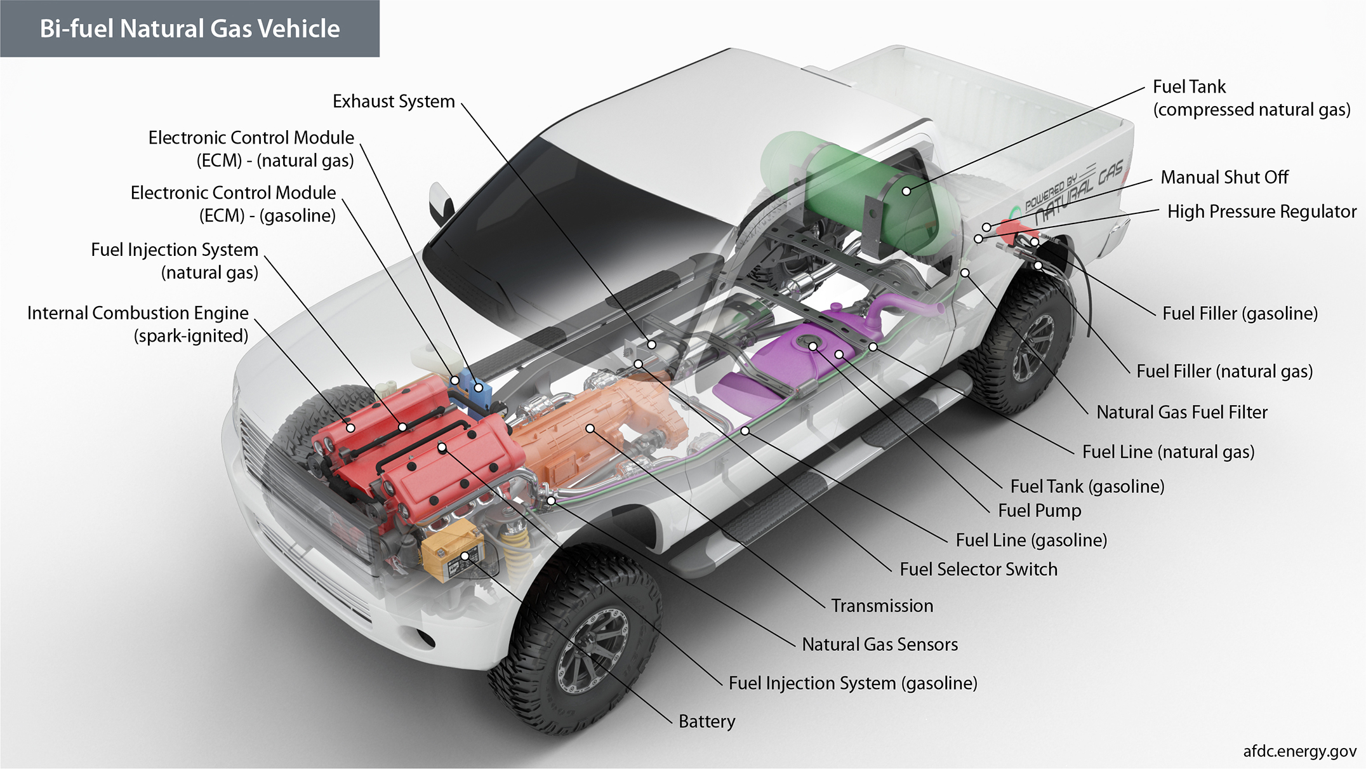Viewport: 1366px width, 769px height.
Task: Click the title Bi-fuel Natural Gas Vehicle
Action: coord(189,29)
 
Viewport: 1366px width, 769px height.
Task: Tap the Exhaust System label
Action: coord(394,102)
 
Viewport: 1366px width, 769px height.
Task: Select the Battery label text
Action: coord(706,721)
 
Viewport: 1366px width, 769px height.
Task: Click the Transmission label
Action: coord(882,606)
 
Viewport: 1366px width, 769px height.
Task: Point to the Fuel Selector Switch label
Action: coord(978,569)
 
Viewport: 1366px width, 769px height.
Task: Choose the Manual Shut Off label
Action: coord(1224,177)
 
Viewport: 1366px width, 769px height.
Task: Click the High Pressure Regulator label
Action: coord(1261,211)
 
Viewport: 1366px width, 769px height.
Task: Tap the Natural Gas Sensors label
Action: coord(879,645)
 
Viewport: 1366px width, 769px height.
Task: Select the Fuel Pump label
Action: coord(1039,511)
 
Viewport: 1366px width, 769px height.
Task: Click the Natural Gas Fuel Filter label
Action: coord(1181,412)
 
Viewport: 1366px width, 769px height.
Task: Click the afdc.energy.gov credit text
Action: coord(1299,751)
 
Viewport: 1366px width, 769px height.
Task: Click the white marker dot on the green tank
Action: coord(906,191)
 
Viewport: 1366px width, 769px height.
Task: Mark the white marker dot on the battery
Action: coord(465,556)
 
